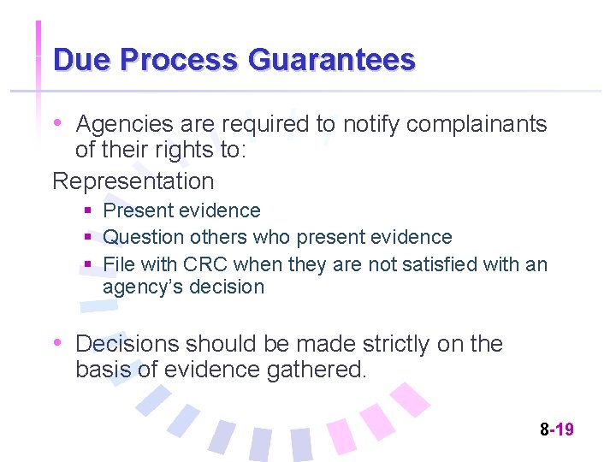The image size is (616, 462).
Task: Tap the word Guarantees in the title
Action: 331,60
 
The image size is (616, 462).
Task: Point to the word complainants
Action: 477,124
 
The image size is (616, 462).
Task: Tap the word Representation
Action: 133,181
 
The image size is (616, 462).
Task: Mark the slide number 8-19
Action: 556,429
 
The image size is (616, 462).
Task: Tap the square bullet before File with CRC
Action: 88,264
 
